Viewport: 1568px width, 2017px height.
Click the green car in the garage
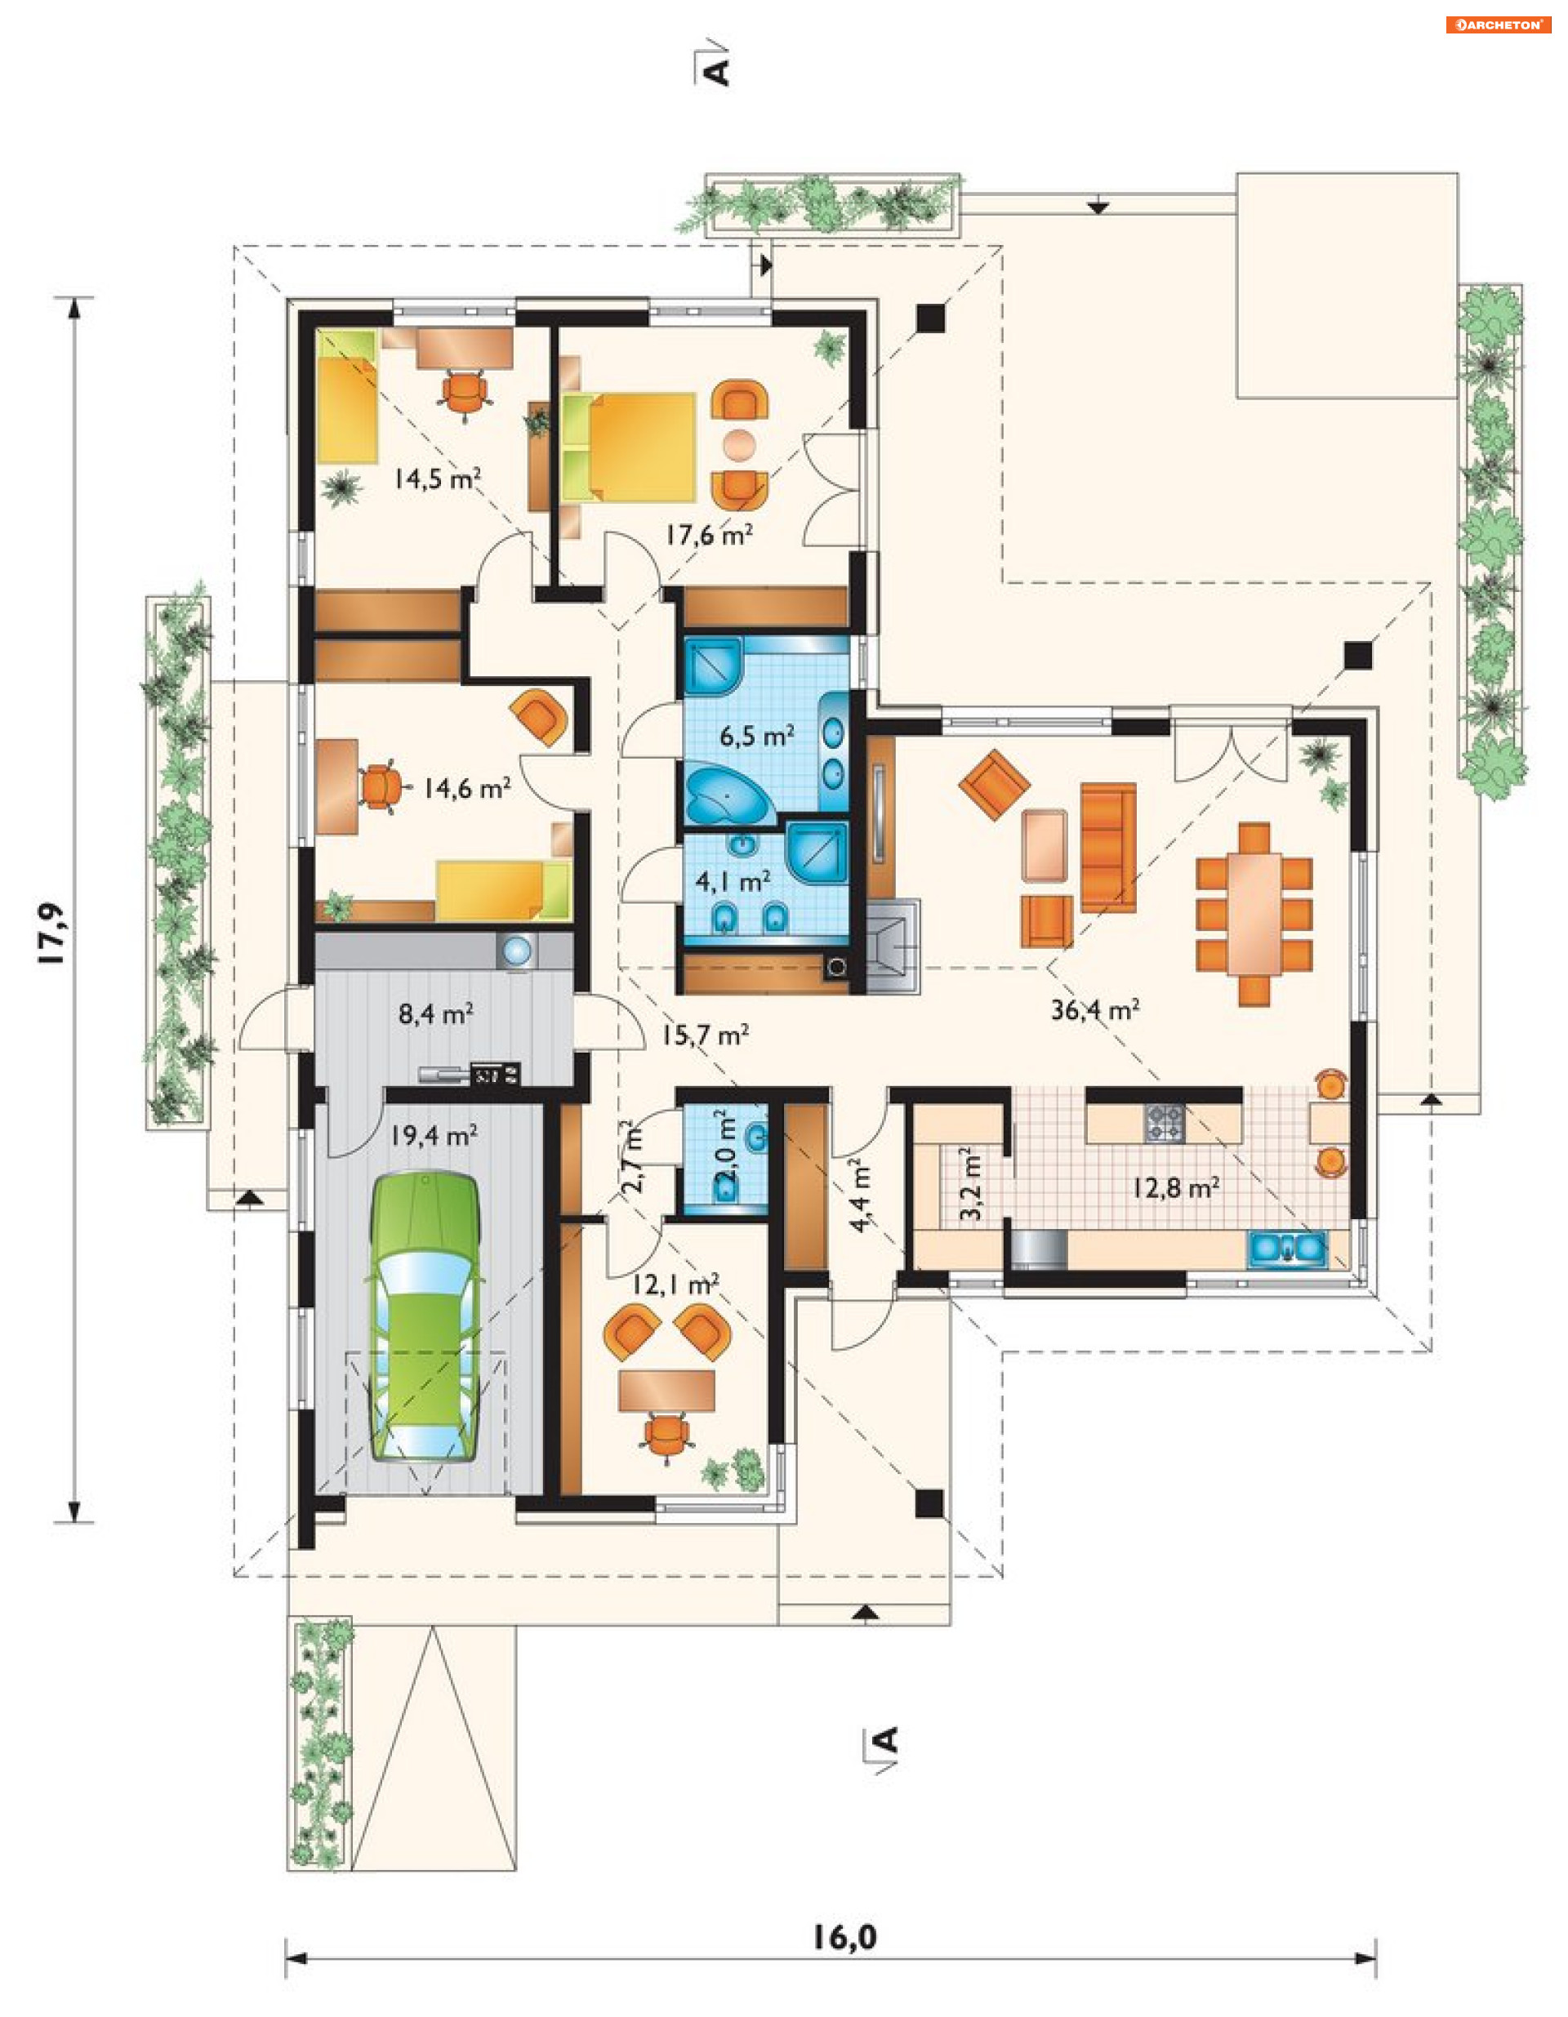[x=425, y=1317]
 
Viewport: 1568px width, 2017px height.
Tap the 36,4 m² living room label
[x=1094, y=1009]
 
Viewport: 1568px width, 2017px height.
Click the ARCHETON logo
[x=1498, y=25]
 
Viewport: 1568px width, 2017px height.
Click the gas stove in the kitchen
[x=1165, y=1122]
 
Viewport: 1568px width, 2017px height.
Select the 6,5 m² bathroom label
[x=757, y=736]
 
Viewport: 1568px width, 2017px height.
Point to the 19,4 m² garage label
[x=433, y=1135]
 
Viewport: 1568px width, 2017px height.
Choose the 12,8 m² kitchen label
[x=1175, y=1187]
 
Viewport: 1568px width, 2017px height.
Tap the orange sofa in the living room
[x=1108, y=848]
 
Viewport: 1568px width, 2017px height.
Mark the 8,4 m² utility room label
[x=436, y=1014]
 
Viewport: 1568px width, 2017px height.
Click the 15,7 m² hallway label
[x=704, y=1035]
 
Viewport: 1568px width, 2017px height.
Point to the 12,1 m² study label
[x=676, y=1285]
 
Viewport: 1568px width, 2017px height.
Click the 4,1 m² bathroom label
[x=733, y=882]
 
